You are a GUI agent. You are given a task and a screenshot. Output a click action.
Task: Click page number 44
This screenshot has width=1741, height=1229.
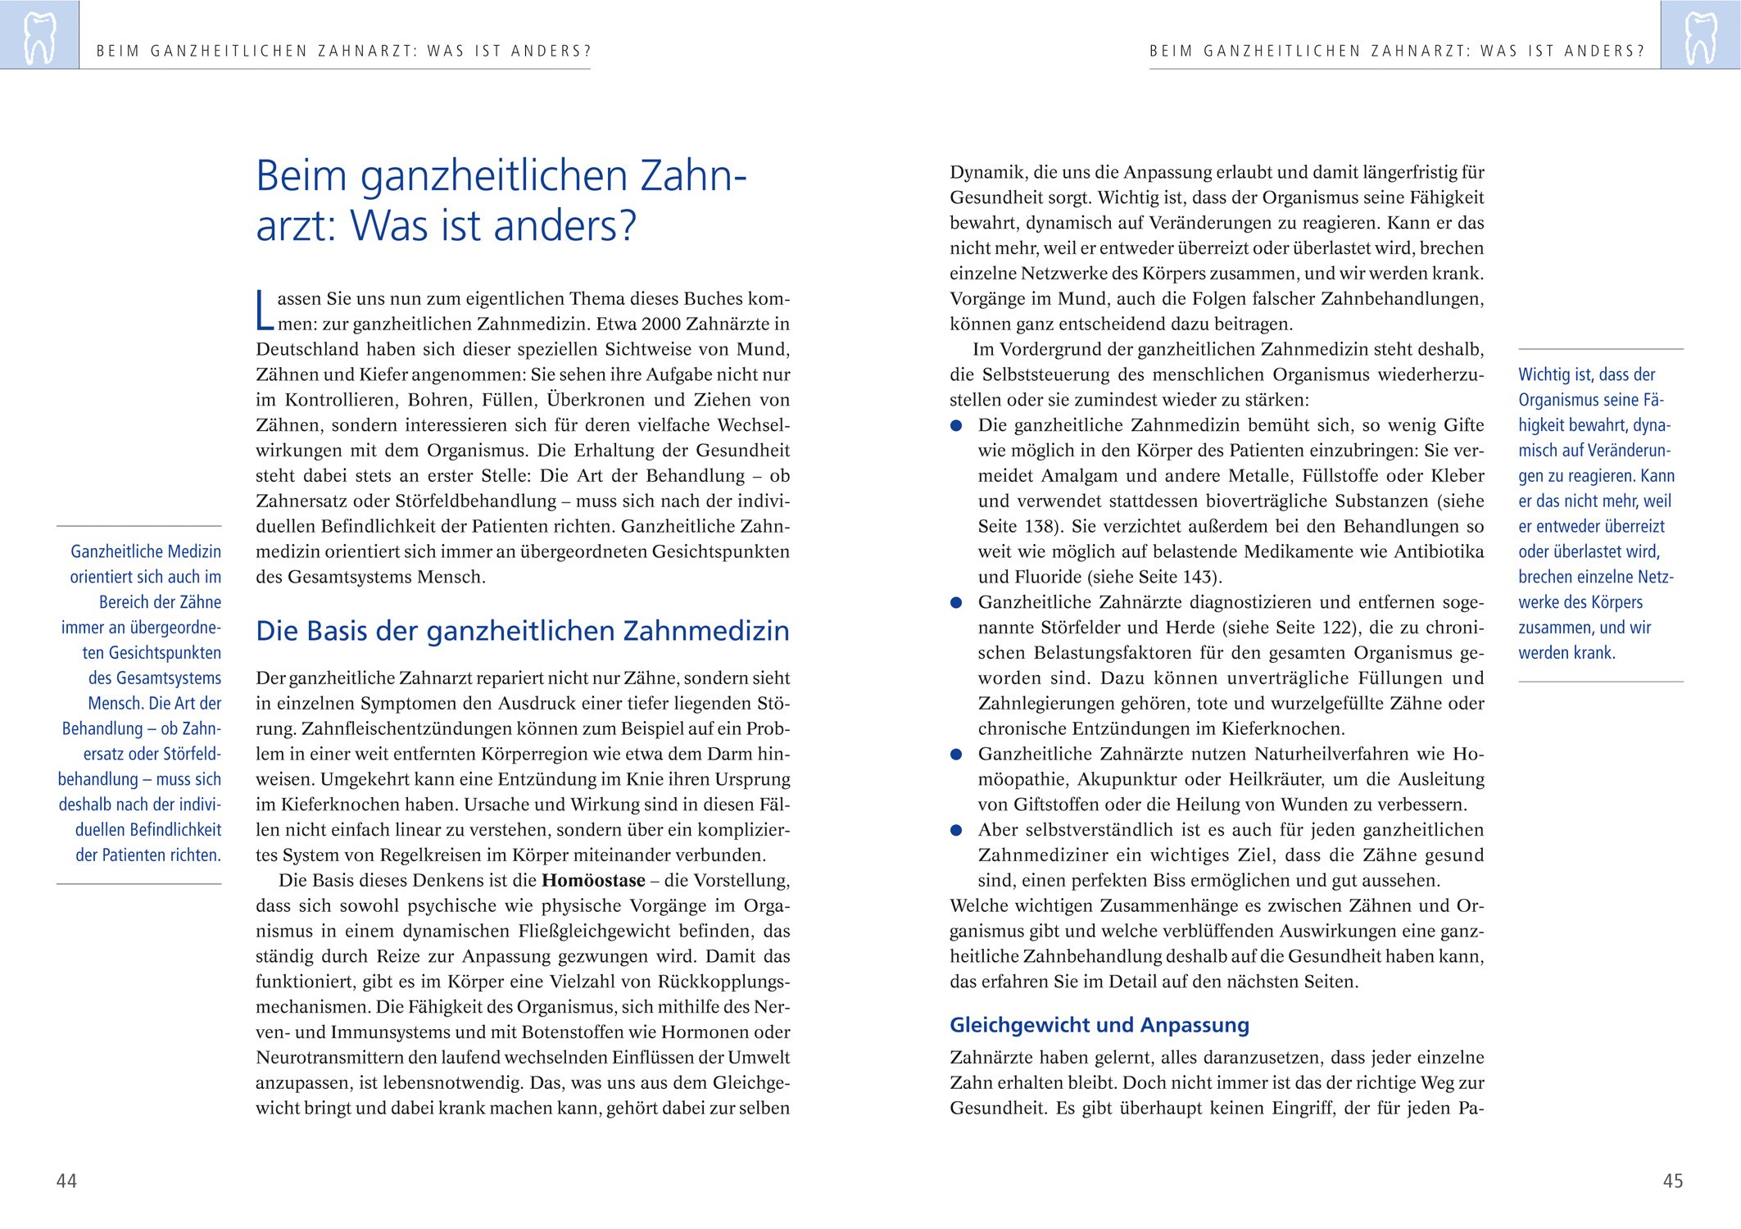click(x=66, y=1181)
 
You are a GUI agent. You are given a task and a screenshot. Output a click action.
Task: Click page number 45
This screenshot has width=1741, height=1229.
click(x=1673, y=1181)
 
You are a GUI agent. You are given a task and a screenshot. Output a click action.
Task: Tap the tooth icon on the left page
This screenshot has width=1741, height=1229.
click(x=39, y=36)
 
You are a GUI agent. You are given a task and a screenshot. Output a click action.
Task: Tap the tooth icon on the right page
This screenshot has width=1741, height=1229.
click(x=1700, y=36)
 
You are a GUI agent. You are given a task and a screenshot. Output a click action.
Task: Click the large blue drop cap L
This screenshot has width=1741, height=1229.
click(x=265, y=311)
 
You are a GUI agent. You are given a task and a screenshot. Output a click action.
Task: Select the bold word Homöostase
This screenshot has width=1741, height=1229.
click(x=593, y=881)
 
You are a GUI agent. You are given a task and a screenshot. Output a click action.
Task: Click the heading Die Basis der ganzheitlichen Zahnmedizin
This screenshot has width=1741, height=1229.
click(x=523, y=631)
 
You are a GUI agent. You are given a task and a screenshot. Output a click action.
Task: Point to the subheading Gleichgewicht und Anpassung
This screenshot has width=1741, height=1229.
click(x=1099, y=1025)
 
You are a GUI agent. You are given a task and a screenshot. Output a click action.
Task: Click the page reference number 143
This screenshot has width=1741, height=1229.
click(x=1199, y=577)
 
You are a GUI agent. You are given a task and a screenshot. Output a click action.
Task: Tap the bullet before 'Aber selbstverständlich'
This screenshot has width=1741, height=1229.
click(x=956, y=831)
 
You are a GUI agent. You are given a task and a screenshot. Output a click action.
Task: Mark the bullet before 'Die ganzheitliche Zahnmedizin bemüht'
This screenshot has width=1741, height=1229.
click(x=956, y=426)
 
